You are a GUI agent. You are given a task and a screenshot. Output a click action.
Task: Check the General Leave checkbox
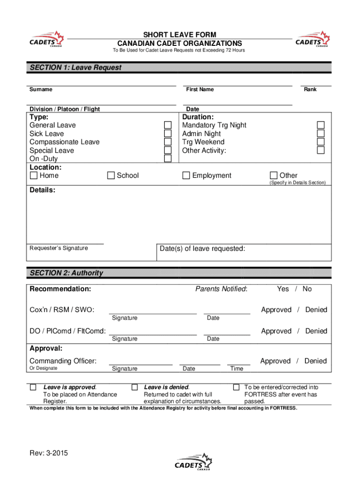pyautogui.click(x=168, y=125)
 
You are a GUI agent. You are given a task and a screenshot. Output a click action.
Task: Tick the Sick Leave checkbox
pyautogui.click(x=168, y=134)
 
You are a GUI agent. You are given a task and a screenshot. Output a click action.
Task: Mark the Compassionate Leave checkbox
pyautogui.click(x=168, y=142)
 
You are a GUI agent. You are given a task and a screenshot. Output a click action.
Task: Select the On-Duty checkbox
pyautogui.click(x=168, y=159)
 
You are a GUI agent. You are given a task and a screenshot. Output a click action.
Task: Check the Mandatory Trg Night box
pyautogui.click(x=321, y=125)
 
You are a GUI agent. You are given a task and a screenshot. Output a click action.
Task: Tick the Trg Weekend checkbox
pyautogui.click(x=321, y=142)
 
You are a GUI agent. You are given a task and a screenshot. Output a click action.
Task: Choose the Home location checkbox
pyautogui.click(x=34, y=176)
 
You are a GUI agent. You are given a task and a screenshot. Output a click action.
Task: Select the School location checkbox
pyautogui.click(x=111, y=176)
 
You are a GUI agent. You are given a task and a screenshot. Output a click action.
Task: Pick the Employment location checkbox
pyautogui.click(x=186, y=176)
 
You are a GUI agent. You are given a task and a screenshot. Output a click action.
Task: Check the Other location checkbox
pyautogui.click(x=274, y=176)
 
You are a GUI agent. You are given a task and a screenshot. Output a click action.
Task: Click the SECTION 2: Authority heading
pyautogui.click(x=66, y=273)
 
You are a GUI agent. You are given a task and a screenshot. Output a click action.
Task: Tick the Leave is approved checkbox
pyautogui.click(x=33, y=387)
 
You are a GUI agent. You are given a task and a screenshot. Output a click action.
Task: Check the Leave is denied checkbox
pyautogui.click(x=135, y=387)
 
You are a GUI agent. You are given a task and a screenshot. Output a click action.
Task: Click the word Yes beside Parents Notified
pyautogui.click(x=283, y=289)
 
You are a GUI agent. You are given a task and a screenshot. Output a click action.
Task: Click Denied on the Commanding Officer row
pyautogui.click(x=316, y=361)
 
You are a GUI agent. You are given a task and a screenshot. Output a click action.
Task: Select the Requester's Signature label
pyautogui.click(x=58, y=248)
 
